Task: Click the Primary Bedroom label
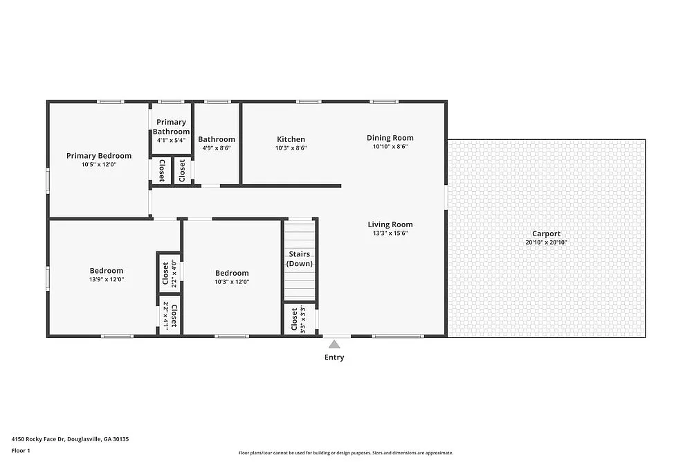[98, 156]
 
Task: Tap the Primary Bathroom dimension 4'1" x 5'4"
[171, 141]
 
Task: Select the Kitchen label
[291, 139]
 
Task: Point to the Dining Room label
[390, 138]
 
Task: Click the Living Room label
[390, 224]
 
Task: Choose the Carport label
[546, 233]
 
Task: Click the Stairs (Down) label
[299, 258]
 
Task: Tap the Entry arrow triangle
[334, 344]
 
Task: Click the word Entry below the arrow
[334, 357]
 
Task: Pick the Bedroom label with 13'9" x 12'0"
[106, 271]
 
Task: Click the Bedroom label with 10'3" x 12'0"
[232, 273]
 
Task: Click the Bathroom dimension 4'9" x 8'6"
[217, 148]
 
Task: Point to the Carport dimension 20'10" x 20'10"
[546, 242]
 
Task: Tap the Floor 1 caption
[21, 451]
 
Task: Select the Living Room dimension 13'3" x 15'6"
[390, 233]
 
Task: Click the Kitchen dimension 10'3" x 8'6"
[291, 148]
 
